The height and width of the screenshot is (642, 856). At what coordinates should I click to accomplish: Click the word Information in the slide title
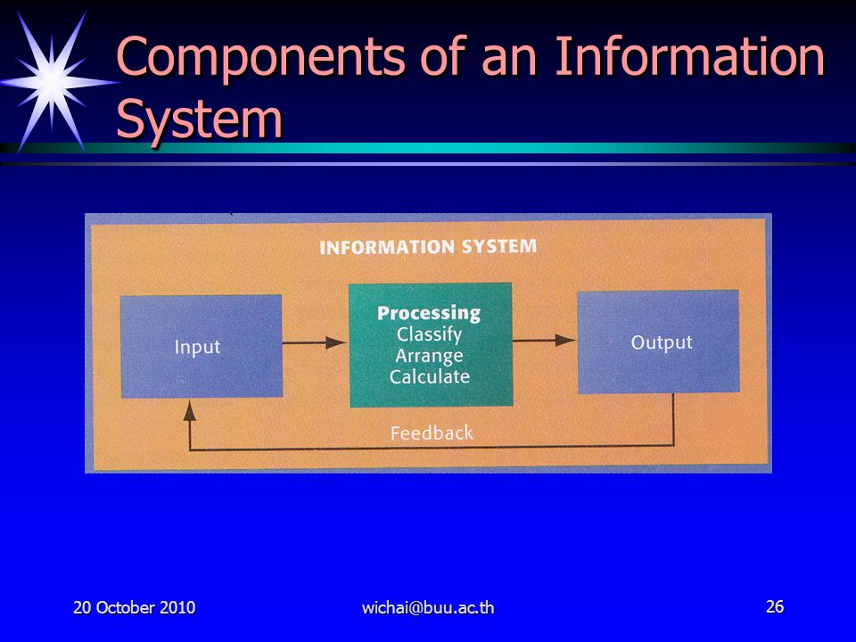pyautogui.click(x=689, y=55)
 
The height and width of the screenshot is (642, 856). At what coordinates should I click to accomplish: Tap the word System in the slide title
pyautogui.click(x=199, y=120)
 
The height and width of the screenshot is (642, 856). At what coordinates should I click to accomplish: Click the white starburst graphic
pyautogui.click(x=52, y=82)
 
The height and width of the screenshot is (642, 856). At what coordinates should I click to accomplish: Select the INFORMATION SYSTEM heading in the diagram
pyautogui.click(x=428, y=247)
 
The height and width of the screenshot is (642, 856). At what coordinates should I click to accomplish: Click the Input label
pyautogui.click(x=197, y=347)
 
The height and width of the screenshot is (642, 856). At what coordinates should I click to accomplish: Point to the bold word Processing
pyautogui.click(x=429, y=313)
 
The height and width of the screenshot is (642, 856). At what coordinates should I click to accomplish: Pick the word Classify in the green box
pyautogui.click(x=429, y=334)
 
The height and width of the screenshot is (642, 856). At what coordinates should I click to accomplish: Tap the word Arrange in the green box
pyautogui.click(x=429, y=356)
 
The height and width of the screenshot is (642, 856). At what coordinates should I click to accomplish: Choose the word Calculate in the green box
pyautogui.click(x=430, y=376)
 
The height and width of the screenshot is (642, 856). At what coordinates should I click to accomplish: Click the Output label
pyautogui.click(x=662, y=342)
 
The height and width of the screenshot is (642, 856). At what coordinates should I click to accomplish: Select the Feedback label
pyautogui.click(x=432, y=433)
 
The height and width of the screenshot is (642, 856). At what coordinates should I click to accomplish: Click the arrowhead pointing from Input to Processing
pyautogui.click(x=336, y=342)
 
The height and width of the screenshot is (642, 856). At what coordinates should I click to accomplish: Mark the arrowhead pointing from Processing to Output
pyautogui.click(x=565, y=340)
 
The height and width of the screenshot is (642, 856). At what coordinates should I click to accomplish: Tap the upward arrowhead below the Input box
pyautogui.click(x=189, y=410)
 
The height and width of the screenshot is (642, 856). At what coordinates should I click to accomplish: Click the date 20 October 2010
pyautogui.click(x=135, y=607)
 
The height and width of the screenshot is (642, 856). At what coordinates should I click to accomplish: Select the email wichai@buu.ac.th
pyautogui.click(x=428, y=607)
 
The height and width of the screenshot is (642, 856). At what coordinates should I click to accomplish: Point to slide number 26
pyautogui.click(x=775, y=606)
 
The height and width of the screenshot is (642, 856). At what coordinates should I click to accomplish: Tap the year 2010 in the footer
pyautogui.click(x=177, y=607)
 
